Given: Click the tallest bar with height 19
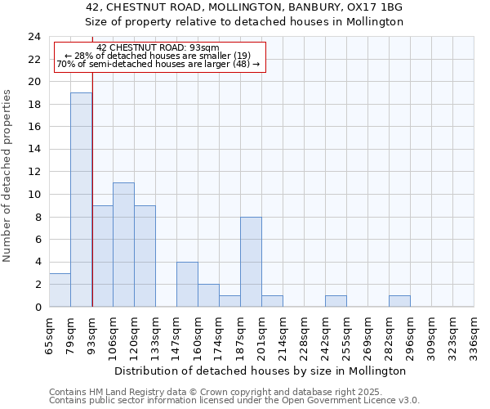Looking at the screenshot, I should click(x=81, y=200).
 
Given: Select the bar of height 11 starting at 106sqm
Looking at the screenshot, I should click(x=123, y=245).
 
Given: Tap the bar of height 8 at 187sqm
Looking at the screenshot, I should click(x=251, y=262).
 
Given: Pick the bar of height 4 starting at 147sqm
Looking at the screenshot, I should click(x=187, y=284).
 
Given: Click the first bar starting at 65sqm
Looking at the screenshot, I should click(x=60, y=290).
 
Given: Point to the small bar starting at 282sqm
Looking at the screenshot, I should click(x=399, y=301).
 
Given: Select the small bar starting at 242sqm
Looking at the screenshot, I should click(x=336, y=301).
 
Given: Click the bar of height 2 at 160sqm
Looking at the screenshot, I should click(x=208, y=295).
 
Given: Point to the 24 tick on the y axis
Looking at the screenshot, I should click(x=34, y=37).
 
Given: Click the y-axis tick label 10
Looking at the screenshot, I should click(x=34, y=195).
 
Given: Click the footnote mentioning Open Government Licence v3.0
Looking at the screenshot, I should click(x=234, y=401).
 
